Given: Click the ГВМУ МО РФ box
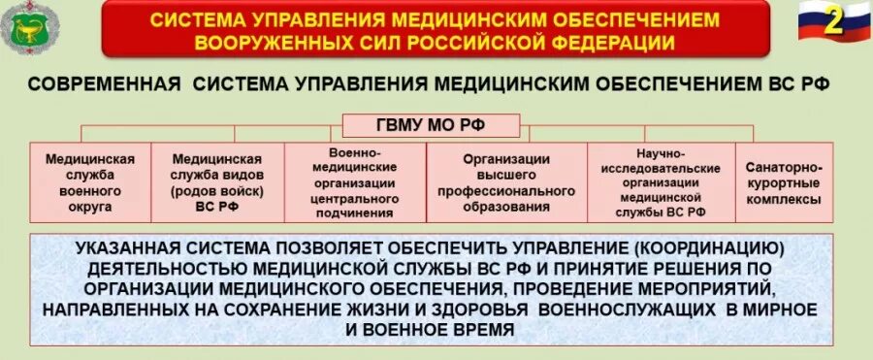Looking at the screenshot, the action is coord(431,125).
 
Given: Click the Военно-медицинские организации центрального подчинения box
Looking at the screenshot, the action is coord(355,181).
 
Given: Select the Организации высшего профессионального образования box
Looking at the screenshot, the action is coord(505,181).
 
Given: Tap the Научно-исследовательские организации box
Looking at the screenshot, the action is coord(662,181).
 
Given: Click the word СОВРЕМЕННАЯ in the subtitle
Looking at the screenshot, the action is coord(105,85).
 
